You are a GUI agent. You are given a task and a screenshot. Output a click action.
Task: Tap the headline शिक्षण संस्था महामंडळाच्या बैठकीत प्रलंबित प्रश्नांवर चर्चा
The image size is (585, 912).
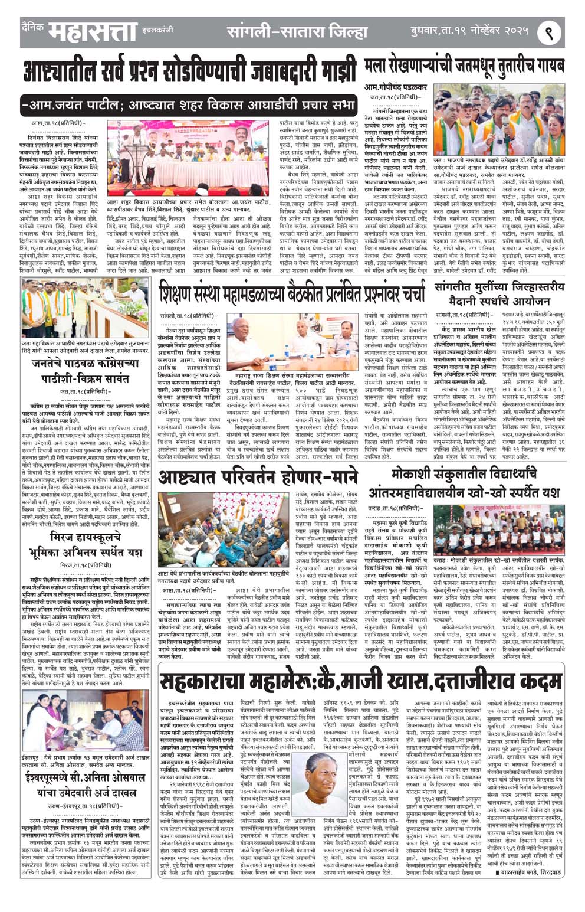point(291,292)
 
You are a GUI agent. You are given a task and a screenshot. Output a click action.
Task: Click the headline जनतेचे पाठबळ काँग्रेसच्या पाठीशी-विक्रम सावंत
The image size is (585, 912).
point(86,371)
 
